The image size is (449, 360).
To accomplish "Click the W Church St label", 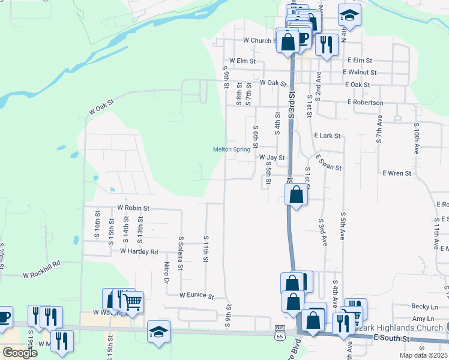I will pyautogui.click(x=259, y=41).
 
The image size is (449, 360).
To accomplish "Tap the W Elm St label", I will pyautogui.click(x=242, y=61).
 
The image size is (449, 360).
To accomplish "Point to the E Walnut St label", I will pyautogui.click(x=360, y=73).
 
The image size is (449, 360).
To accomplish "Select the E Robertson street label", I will pyautogui.click(x=365, y=103).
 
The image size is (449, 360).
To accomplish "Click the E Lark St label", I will pyautogui.click(x=327, y=136).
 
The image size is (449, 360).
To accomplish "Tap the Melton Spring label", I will pyautogui.click(x=232, y=149).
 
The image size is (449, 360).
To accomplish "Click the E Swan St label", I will pyautogui.click(x=329, y=163).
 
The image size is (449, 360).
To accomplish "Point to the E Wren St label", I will pyautogui.click(x=397, y=173).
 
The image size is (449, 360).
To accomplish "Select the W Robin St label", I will pyautogui.click(x=133, y=208).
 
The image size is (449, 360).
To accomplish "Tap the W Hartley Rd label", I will pyautogui.click(x=139, y=251).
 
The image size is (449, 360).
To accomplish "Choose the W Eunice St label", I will pyautogui.click(x=197, y=295).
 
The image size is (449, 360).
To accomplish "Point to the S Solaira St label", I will pyautogui.click(x=181, y=254).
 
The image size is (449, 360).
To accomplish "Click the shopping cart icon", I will pyautogui.click(x=132, y=304).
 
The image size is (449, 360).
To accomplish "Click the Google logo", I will pyautogui.click(x=20, y=353).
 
